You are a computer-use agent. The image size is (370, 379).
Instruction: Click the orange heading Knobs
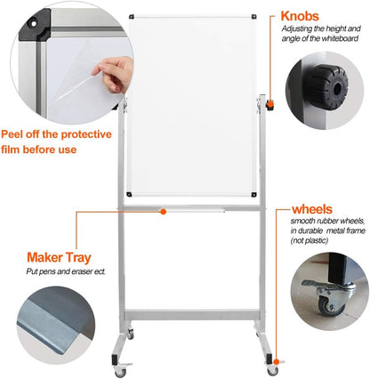click(303, 15)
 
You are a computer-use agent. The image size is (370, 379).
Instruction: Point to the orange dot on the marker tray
click(163, 212)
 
